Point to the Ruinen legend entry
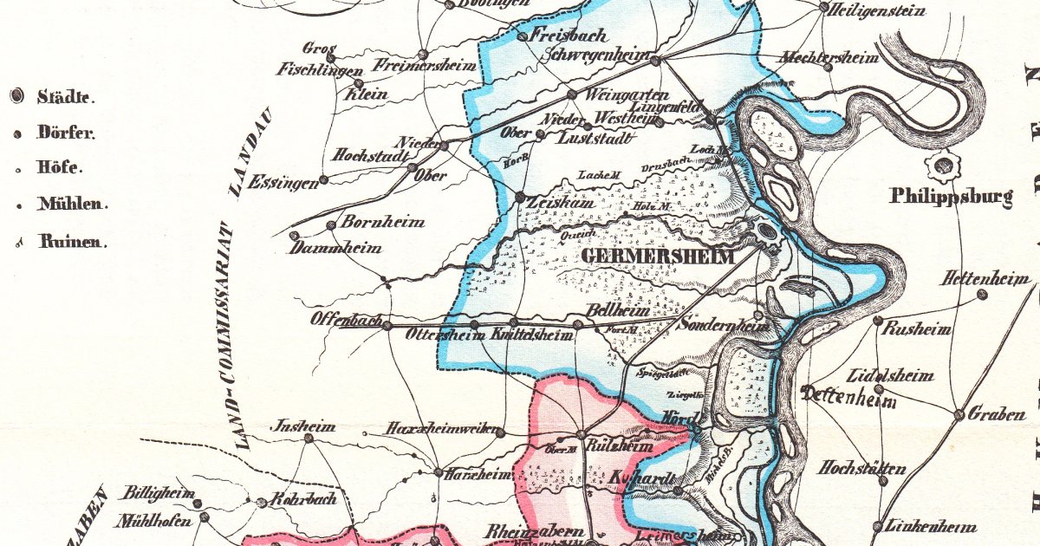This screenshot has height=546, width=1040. (x=72, y=243)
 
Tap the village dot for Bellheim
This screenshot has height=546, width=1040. (x=578, y=325)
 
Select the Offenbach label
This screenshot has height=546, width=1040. (x=347, y=320)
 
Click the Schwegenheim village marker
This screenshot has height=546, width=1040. (x=656, y=61)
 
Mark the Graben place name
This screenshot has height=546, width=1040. (x=996, y=415)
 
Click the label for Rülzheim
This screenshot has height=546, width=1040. (x=620, y=447)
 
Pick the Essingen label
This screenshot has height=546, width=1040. (x=281, y=184)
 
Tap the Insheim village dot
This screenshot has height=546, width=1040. (x=309, y=439)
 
